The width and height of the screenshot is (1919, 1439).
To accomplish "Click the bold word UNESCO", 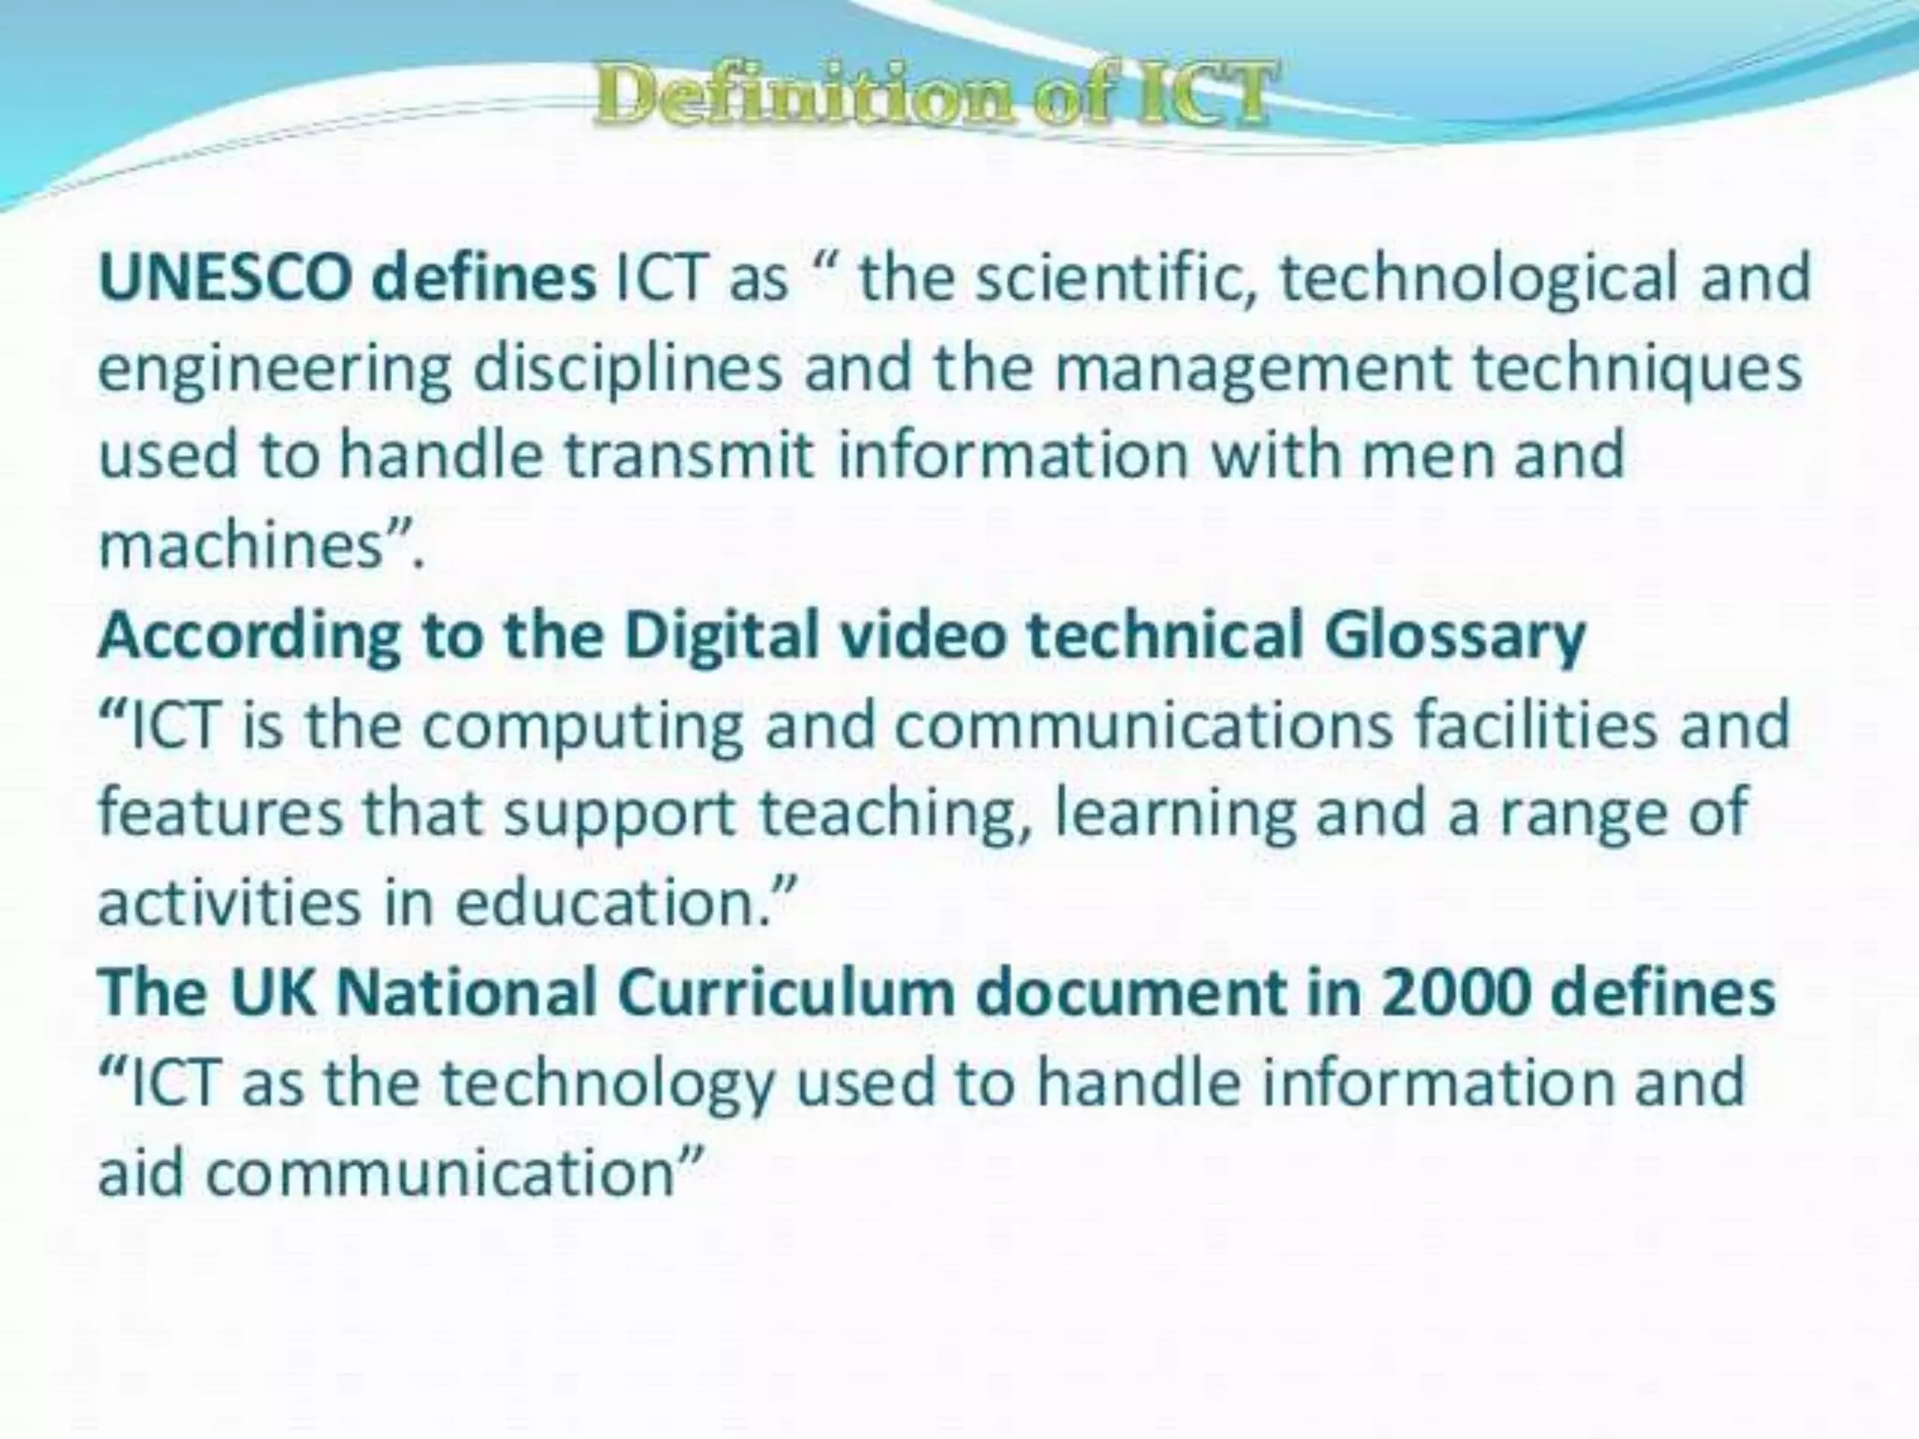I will tap(225, 278).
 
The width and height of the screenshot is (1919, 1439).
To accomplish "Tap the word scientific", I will tap(1115, 278).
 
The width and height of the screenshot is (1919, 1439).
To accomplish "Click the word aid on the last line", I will tap(141, 1171).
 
